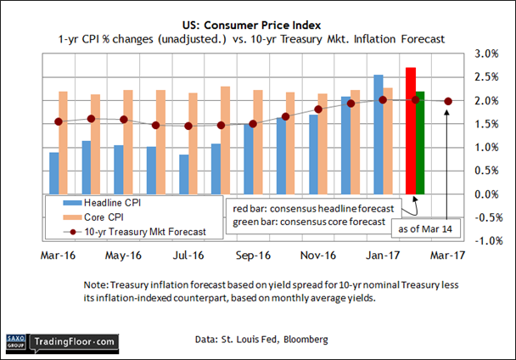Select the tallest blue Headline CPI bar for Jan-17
coord(378,134)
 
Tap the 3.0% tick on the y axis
coord(486,53)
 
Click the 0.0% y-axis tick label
coord(486,194)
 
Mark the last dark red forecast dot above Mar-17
coord(448,101)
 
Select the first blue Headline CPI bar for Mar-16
coord(54,173)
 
